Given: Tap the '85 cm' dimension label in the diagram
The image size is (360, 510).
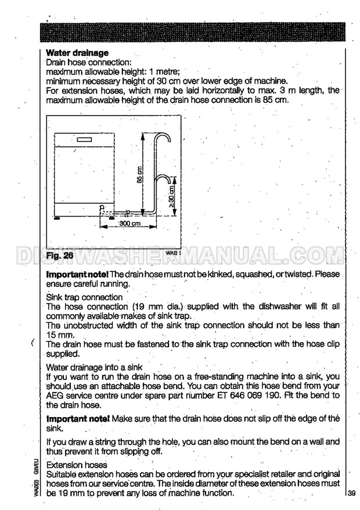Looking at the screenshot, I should click(x=139, y=173).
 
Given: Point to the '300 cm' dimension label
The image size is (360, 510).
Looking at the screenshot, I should click(x=131, y=224).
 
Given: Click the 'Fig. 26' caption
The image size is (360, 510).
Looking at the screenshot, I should click(x=61, y=254).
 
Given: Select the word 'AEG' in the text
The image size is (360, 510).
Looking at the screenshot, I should click(x=55, y=396).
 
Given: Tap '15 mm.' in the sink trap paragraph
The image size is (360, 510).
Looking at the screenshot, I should click(x=60, y=335).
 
